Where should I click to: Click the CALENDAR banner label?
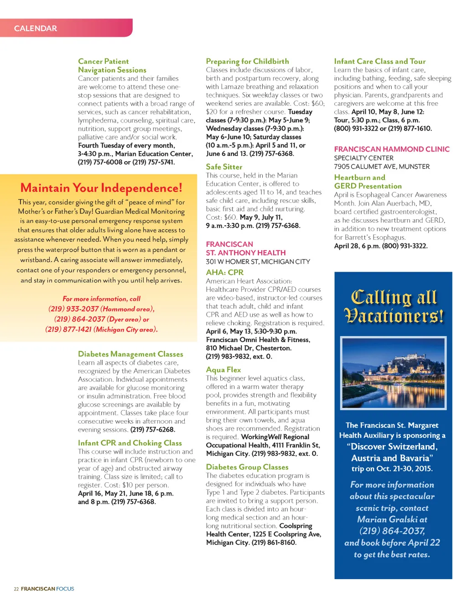point(36,28)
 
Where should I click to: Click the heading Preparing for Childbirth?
point(247,61)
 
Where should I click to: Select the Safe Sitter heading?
point(224,167)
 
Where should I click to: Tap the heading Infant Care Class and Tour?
point(379,61)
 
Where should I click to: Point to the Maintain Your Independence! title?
point(101,188)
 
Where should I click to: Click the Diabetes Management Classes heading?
point(130,354)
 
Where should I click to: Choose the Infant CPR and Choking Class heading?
point(130,443)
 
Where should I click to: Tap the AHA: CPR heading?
point(224,272)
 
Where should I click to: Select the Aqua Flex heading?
point(223,369)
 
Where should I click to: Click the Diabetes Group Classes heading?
point(247,467)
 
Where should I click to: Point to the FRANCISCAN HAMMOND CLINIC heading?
point(392,149)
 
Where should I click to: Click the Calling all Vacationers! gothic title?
point(393,306)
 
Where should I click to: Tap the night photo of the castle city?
point(393,373)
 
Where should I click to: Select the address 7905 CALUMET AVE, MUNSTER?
point(382,167)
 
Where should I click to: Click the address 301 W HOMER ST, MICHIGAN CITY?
point(258,262)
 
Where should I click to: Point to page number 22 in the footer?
point(16,589)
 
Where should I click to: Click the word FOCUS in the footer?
point(65,589)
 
